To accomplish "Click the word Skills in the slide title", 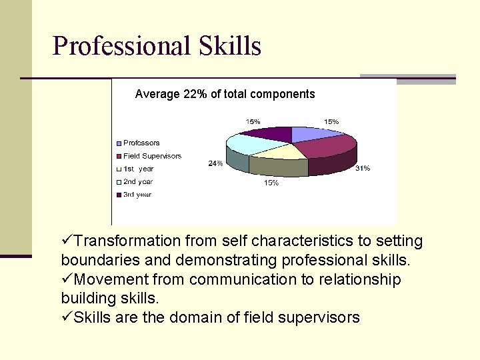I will (230, 46).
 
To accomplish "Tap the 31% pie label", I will (362, 169).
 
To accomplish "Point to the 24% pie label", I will (215, 163).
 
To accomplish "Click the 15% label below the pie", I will (271, 183).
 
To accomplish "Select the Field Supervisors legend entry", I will (152, 156).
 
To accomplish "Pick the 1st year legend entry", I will (138, 169).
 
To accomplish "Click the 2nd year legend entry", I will (138, 181).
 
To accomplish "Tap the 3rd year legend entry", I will (137, 195).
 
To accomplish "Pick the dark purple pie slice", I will (273, 133).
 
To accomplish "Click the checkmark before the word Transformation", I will (67, 241).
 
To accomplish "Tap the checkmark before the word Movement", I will (67, 279).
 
